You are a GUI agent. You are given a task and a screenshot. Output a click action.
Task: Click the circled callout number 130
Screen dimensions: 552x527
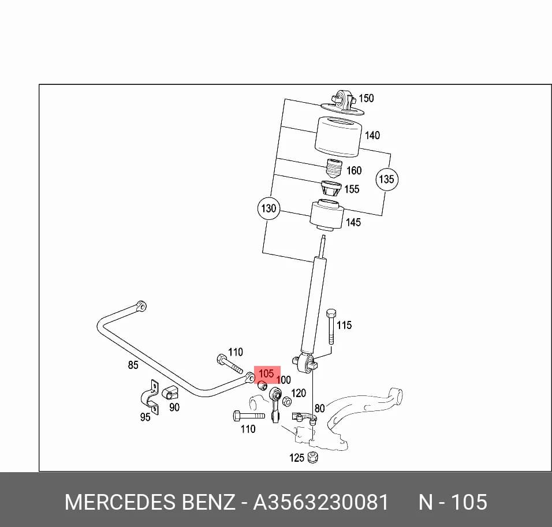[269, 208]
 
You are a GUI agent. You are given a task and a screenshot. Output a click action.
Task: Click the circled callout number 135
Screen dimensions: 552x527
[387, 179]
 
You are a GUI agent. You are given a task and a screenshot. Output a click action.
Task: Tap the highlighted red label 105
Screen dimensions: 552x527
[266, 373]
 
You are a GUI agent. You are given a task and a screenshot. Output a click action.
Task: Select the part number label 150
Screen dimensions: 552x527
[366, 98]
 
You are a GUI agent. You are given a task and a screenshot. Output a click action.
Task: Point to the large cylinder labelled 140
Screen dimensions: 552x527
[338, 137]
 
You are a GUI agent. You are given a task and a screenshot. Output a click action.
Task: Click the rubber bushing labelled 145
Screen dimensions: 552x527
[327, 215]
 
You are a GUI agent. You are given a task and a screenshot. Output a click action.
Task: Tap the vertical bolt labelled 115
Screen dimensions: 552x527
[331, 326]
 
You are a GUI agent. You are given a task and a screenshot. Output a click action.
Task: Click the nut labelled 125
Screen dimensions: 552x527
[312, 457]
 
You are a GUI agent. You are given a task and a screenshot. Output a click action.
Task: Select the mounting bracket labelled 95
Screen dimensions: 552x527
[150, 397]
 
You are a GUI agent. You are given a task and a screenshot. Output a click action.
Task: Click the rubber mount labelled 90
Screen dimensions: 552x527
[170, 392]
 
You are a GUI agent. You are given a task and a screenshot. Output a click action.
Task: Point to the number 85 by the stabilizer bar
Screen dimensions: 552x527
[133, 365]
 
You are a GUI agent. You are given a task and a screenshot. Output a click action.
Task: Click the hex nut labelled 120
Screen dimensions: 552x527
[287, 401]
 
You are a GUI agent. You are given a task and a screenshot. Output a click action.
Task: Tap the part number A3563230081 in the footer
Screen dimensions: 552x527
[320, 502]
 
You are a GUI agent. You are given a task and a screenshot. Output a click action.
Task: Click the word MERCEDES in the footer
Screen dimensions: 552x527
[120, 502]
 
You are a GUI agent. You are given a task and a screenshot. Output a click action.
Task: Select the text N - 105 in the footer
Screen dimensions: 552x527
[453, 502]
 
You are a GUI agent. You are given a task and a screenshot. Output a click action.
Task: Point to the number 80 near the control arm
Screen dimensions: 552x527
[319, 409]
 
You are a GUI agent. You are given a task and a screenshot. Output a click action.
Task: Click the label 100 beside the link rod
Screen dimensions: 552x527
[284, 380]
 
